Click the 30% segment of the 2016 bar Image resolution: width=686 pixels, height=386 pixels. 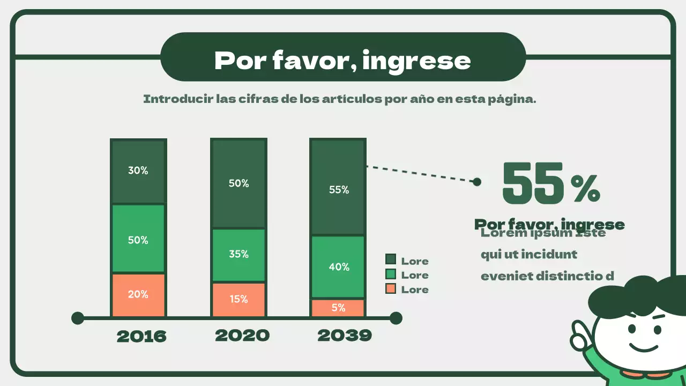point(138,172)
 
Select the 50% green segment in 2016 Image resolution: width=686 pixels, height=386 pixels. point(138,239)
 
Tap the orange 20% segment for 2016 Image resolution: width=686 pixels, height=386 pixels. point(138,294)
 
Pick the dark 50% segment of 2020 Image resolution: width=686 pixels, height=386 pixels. point(238,183)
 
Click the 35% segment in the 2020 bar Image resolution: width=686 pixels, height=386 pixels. point(238,255)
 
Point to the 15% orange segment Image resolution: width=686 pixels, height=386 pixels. point(238,299)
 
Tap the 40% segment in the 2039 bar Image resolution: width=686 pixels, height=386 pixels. point(338,266)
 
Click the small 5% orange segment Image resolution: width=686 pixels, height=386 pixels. point(338,308)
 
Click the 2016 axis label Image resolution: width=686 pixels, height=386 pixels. point(141,337)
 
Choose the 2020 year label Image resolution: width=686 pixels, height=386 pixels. point(242,336)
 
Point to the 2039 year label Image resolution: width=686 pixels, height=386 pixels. point(345,336)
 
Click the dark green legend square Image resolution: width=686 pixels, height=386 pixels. point(391,260)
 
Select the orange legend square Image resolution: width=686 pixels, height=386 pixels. point(391,289)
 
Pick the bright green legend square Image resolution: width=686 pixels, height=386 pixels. point(391,274)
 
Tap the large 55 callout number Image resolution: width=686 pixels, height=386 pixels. point(533,183)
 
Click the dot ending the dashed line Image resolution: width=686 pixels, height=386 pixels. point(476,182)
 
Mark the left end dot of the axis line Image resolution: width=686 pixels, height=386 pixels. point(78,318)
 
